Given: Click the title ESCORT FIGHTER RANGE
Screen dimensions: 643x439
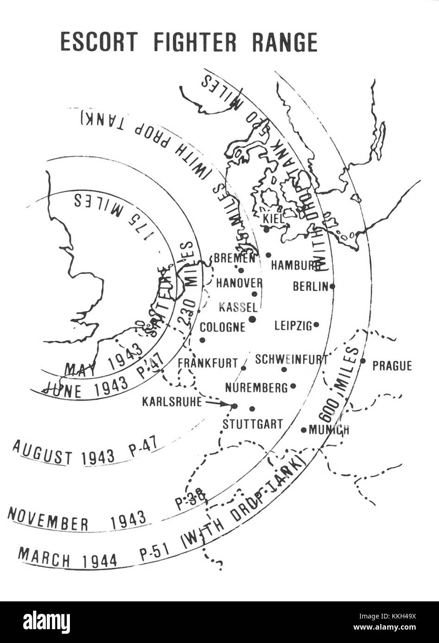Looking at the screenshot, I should [189, 43].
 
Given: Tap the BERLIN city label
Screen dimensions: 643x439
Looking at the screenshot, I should [310, 287].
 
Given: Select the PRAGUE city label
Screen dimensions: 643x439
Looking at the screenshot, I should [392, 366].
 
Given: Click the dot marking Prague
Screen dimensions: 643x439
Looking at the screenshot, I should [363, 361].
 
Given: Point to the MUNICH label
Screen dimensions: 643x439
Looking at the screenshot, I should [329, 430].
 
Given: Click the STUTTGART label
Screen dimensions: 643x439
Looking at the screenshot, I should [252, 424].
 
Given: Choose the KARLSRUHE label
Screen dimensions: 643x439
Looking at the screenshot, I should [172, 402].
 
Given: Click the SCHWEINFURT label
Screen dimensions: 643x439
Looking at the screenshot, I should [291, 359].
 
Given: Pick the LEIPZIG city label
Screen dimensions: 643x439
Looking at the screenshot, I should [293, 326].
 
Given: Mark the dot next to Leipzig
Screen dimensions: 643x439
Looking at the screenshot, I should [316, 325].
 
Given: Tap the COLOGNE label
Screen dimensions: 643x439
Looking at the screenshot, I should [222, 328].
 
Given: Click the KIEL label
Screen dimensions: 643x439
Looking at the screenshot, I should [273, 218].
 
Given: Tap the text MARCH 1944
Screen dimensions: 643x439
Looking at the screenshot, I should [67, 557].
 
